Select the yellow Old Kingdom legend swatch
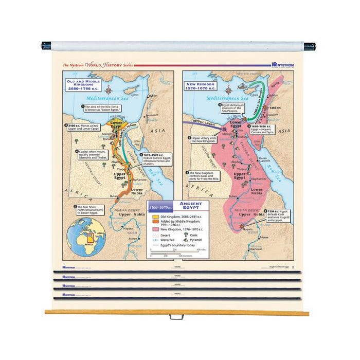(x=155, y=217)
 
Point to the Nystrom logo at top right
(x=285, y=65)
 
